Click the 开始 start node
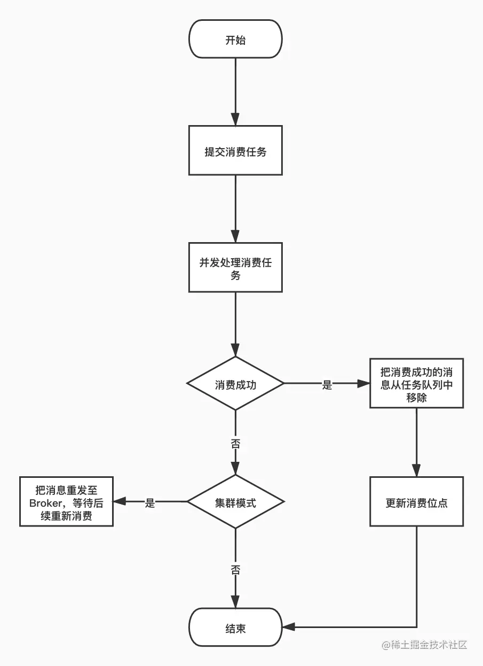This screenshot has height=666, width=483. point(235,39)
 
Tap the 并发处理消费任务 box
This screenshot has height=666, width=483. point(235,268)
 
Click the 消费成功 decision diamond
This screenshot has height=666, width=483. point(235,384)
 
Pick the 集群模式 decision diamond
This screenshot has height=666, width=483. point(235,502)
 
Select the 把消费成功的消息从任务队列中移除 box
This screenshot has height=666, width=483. point(417,384)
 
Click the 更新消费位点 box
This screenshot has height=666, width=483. point(417,502)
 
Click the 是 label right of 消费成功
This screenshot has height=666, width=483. point(327,384)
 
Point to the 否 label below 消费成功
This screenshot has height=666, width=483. point(235,443)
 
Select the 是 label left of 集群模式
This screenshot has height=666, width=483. point(150,502)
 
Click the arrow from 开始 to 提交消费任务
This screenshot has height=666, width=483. point(235,91)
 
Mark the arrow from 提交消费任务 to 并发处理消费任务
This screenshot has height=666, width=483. point(235,208)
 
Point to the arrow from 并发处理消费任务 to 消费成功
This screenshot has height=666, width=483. point(235,324)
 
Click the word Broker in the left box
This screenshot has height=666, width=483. point(46,502)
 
